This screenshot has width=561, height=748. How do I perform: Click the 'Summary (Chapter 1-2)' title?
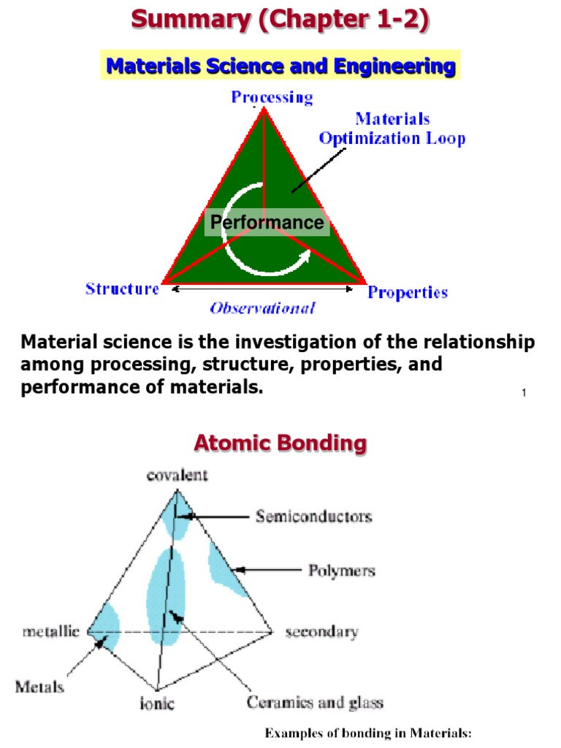point(280,20)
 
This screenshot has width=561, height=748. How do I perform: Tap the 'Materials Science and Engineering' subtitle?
point(280,67)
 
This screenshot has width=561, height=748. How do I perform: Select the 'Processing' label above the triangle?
point(272,97)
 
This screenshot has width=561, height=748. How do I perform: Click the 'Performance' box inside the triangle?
point(267,223)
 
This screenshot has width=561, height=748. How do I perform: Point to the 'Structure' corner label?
point(122,289)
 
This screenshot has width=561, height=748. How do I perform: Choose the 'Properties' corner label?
point(408,293)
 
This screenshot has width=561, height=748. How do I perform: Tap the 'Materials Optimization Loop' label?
point(392,129)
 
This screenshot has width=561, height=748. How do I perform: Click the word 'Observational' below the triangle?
point(262,308)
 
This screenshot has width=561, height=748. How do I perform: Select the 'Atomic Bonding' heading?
point(280,443)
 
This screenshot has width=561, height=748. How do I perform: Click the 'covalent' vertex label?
point(177,476)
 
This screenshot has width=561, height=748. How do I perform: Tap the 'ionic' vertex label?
point(158,704)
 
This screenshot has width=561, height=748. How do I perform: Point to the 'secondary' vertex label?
point(321,632)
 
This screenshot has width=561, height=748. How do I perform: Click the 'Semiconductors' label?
point(313,516)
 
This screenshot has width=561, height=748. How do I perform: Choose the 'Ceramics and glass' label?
point(315,703)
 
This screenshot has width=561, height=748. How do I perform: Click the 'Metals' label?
point(39,687)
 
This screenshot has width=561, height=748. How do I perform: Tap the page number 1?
point(524,394)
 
